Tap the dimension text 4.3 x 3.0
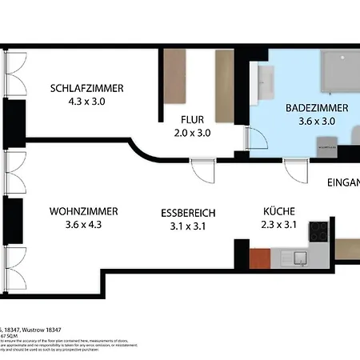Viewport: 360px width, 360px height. [86, 102]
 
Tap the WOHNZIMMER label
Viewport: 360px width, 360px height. [83, 211]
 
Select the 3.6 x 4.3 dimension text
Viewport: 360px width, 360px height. [83, 225]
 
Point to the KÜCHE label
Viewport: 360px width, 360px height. [279, 211]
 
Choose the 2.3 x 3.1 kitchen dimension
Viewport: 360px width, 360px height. [279, 225]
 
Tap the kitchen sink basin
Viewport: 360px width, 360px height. [299, 258]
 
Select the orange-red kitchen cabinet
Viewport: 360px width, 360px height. [260, 258]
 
